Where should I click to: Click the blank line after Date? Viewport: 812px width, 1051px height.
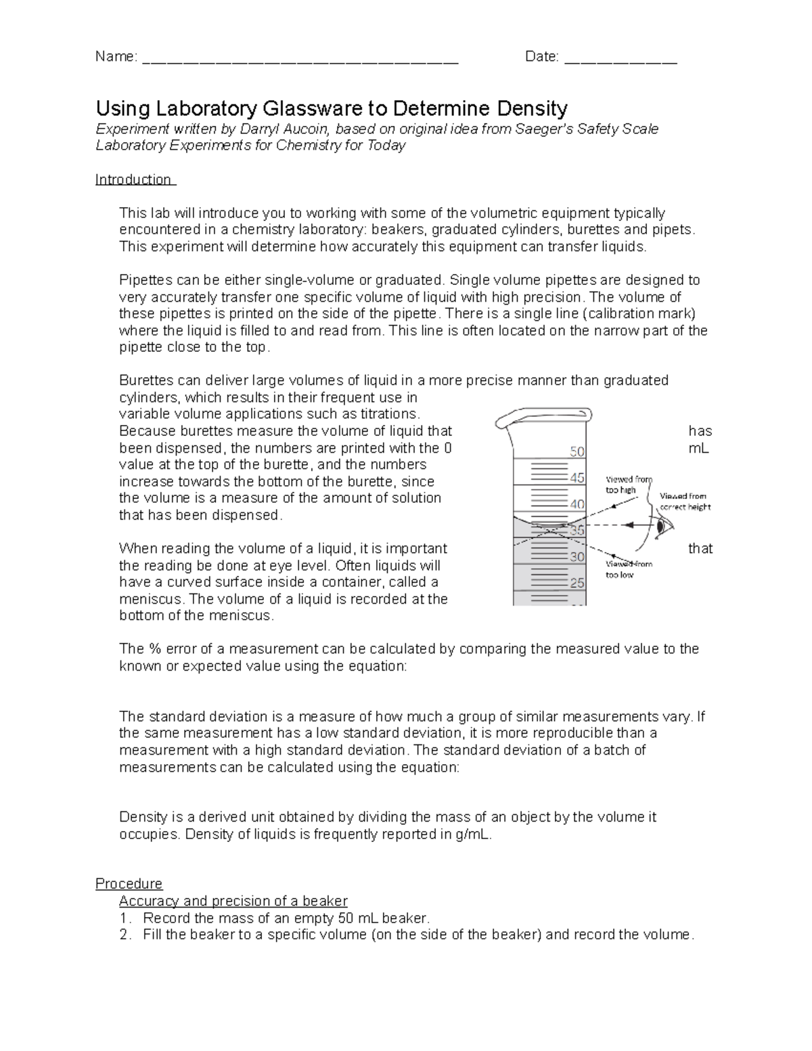(x=620, y=59)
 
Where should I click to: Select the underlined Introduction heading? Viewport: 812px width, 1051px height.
(x=134, y=179)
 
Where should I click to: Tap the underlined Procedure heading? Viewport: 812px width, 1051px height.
(x=129, y=884)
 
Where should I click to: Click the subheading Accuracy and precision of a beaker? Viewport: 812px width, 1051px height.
(x=233, y=901)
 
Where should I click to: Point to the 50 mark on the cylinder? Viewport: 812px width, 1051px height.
(x=577, y=451)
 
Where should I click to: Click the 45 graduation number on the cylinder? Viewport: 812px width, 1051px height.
(x=577, y=478)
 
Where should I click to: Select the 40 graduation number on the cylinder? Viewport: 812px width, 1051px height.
(x=577, y=504)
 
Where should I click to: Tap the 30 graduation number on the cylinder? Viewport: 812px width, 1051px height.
(x=577, y=557)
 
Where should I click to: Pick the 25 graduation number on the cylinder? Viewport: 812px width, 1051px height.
(x=577, y=583)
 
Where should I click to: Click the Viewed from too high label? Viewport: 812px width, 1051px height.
(x=627, y=485)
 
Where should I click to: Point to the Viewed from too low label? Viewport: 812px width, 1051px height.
(x=627, y=569)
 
